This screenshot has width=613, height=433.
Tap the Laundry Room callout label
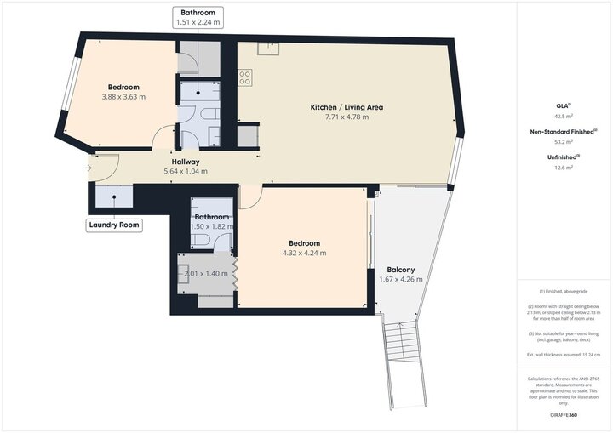pyautogui.click(x=114, y=225)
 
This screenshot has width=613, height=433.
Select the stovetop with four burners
pyautogui.click(x=245, y=77)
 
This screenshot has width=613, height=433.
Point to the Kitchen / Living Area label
pyautogui.click(x=346, y=107)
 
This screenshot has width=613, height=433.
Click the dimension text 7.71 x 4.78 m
pyautogui.click(x=346, y=117)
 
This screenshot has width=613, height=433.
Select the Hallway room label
pyautogui.click(x=186, y=162)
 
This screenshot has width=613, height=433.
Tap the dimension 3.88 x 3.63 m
pyautogui.click(x=123, y=97)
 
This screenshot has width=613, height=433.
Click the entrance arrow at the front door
pyautogui.click(x=89, y=168)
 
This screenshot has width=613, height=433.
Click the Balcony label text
pyautogui.click(x=400, y=270)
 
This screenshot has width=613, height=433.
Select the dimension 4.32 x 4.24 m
pyautogui.click(x=304, y=253)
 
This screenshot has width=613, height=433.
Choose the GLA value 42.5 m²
pyautogui.click(x=563, y=116)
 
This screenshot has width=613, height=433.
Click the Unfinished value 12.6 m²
pyautogui.click(x=563, y=168)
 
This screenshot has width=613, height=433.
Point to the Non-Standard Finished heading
pyautogui.click(x=563, y=132)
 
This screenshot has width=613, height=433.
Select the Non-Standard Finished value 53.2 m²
pyautogui.click(x=563, y=142)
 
